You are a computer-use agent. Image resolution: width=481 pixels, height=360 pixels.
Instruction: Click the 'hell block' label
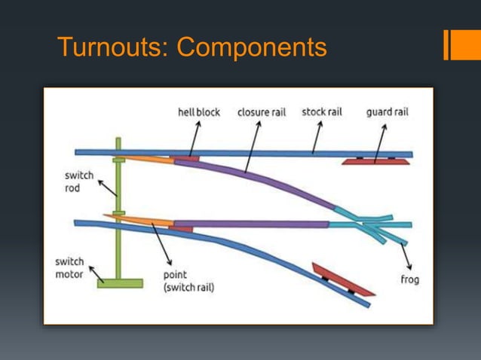[198, 112]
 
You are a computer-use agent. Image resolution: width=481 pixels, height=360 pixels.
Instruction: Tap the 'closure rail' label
[262, 112]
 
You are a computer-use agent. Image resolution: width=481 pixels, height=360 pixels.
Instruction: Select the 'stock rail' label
[322, 112]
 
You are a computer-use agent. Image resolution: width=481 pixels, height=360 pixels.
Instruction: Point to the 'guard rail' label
[388, 112]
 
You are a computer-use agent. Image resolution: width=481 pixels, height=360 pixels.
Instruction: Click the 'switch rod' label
[79, 182]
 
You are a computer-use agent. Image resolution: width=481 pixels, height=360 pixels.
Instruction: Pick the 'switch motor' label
[70, 267]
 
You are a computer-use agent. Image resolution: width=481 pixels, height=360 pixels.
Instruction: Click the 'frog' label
[410, 279]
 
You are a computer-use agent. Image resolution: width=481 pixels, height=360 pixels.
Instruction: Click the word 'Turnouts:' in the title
[112, 47]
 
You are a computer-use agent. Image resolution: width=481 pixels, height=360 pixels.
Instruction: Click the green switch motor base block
[119, 283]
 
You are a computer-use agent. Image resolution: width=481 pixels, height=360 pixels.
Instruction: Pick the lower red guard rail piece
[343, 279]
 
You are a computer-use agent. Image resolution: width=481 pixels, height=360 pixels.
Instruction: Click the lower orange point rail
[139, 221]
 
